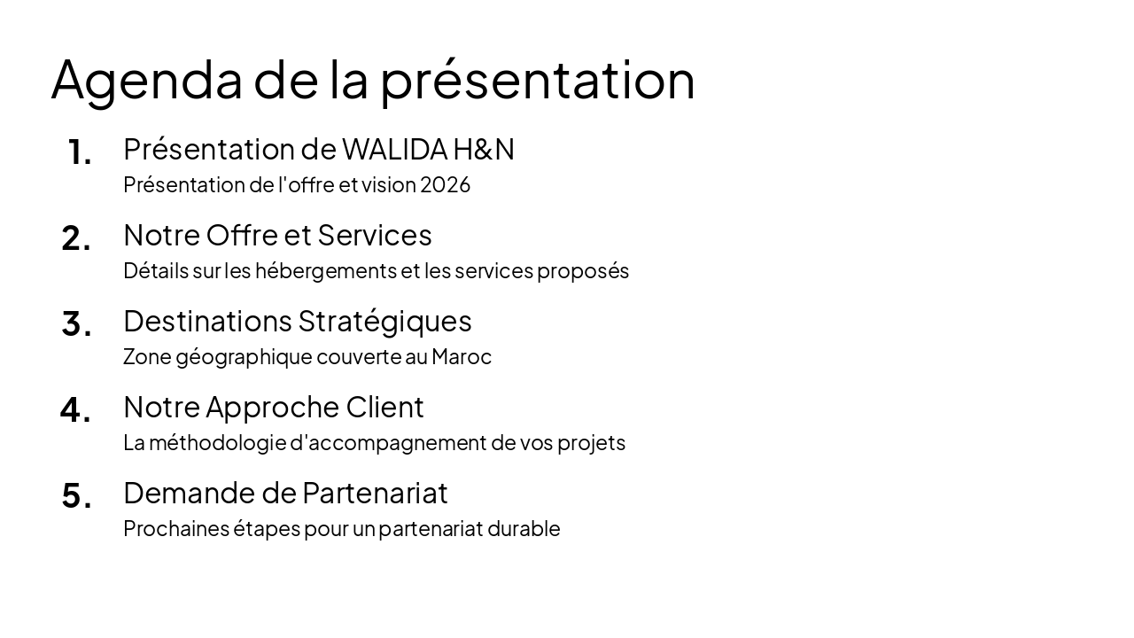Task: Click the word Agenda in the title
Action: pos(146,80)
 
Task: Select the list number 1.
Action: pos(79,152)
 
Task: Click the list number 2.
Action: pos(76,238)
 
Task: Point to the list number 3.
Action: pos(76,324)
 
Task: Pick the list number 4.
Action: pos(75,410)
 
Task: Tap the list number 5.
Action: pos(76,496)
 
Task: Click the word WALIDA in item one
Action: pos(394,149)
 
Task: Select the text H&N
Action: pos(484,149)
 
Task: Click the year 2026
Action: pos(445,184)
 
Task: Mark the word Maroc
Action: pos(462,356)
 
